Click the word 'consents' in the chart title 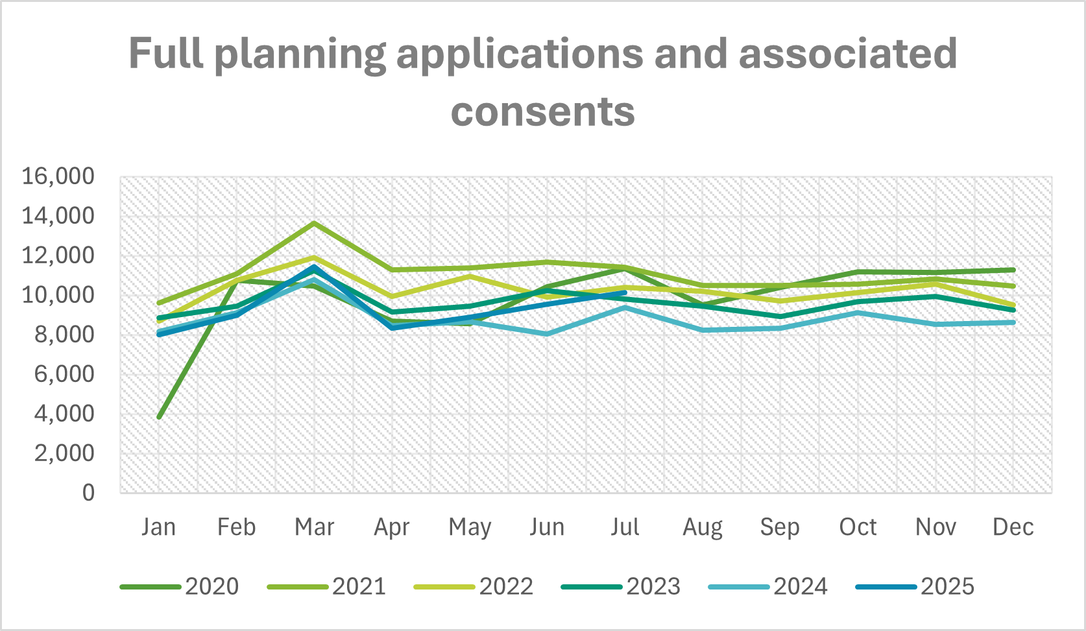pos(542,112)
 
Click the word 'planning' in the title pos(300,54)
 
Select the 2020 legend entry pos(180,586)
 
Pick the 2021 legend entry pos(326,586)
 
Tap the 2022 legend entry pos(474,586)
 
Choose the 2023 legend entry pos(621,586)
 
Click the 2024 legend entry pos(768,586)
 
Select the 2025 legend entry pos(915,586)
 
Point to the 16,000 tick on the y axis pos(58,176)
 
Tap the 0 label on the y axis pos(88,493)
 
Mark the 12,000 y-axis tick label pos(58,256)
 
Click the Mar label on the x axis pos(314,527)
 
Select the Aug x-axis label pos(703,527)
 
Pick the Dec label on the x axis pos(1013,527)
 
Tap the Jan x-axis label pos(159,527)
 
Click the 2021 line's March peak pos(314,223)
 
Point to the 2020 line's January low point pos(159,417)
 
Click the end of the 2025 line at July pos(625,292)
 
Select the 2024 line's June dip pos(547,334)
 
